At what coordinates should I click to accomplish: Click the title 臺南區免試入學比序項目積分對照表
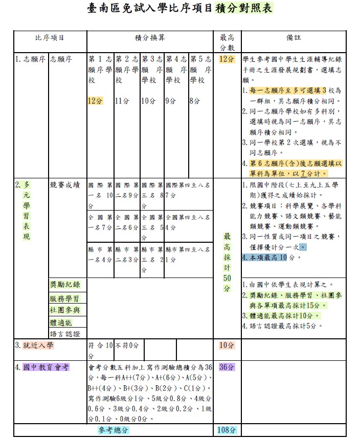click(179, 9)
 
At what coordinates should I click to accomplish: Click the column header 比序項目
click(50, 38)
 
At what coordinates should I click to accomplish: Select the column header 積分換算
click(149, 38)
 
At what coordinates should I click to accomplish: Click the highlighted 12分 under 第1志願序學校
click(95, 101)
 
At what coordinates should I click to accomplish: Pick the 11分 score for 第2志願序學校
click(122, 101)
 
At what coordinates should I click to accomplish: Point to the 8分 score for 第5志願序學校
click(195, 101)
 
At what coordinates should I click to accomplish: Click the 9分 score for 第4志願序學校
click(170, 101)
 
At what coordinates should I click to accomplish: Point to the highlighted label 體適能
click(61, 322)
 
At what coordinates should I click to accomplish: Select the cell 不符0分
click(127, 345)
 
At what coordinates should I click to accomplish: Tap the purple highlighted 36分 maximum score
click(227, 367)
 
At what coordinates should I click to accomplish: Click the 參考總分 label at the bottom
click(114, 430)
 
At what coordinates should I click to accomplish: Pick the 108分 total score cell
click(226, 430)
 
